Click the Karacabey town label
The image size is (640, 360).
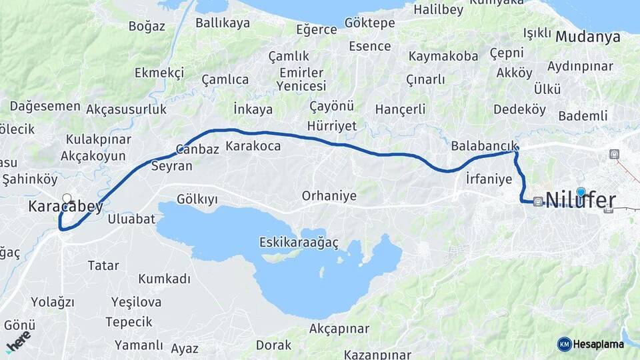pyautogui.click(x=65, y=207)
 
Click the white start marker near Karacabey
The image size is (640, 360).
pyautogui.click(x=67, y=198)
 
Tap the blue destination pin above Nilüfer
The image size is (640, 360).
pyautogui.click(x=581, y=192)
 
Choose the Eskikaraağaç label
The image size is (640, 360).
pyautogui.click(x=299, y=243)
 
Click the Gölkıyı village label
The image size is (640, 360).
pyautogui.click(x=197, y=199)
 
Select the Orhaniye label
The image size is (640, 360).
pyautogui.click(x=329, y=196)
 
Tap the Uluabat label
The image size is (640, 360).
pyautogui.click(x=131, y=219)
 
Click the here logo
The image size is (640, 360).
pyautogui.click(x=18, y=341)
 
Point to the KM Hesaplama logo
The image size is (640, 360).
pyautogui.click(x=591, y=344)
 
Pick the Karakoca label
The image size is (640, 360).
pyautogui.click(x=253, y=145)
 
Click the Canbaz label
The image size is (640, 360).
pyautogui.click(x=197, y=149)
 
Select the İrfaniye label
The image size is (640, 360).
pyautogui.click(x=489, y=179)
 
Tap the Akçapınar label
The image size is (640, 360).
pyautogui.click(x=339, y=329)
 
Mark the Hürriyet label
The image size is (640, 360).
pyautogui.click(x=332, y=126)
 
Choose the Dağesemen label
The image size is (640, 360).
pyautogui.click(x=45, y=106)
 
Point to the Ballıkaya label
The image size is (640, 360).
pyautogui.click(x=223, y=23)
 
